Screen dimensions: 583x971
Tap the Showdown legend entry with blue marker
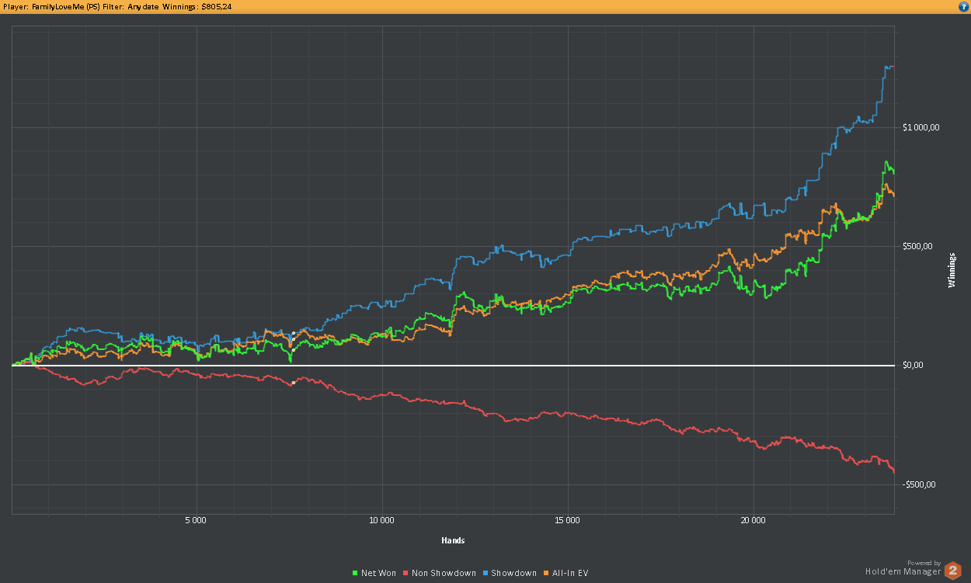509,573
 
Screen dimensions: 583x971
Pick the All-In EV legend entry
566,573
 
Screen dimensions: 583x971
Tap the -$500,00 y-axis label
919,484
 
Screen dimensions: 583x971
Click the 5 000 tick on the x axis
197,520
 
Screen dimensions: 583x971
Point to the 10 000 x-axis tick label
381,520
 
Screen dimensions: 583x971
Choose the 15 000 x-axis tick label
568,520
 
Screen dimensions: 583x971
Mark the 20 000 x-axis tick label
753,520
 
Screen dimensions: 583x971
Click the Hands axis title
453,540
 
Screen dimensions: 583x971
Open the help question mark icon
963,6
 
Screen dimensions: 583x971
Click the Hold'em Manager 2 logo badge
952,571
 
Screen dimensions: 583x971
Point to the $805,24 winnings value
216,6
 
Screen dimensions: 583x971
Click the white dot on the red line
293,383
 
